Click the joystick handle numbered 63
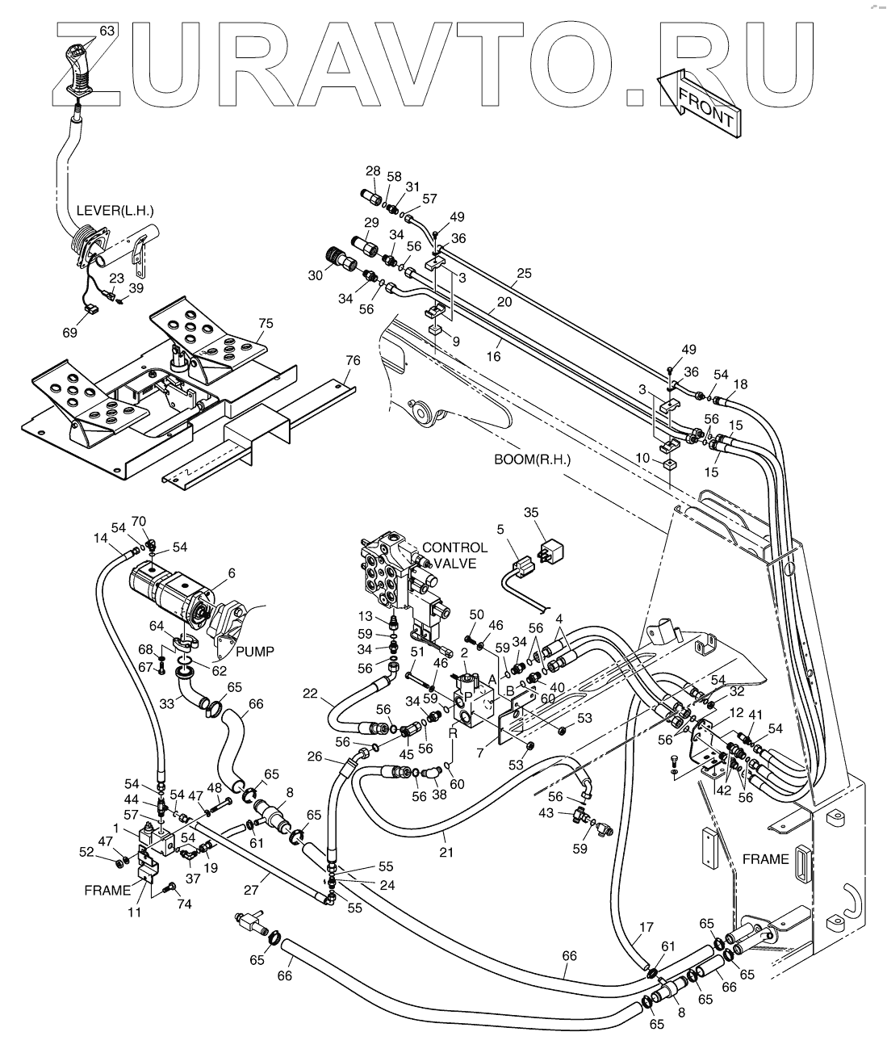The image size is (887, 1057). pyautogui.click(x=79, y=69)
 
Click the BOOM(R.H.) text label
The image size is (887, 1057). pyautogui.click(x=532, y=459)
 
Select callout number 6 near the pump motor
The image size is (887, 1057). pyautogui.click(x=232, y=572)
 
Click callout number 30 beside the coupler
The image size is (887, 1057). pyautogui.click(x=315, y=275)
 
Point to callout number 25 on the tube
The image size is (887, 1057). pyautogui.click(x=525, y=274)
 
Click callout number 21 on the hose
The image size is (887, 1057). pyautogui.click(x=446, y=830)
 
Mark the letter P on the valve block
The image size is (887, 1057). pyautogui.click(x=469, y=695)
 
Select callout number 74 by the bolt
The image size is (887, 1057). pyautogui.click(x=185, y=904)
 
